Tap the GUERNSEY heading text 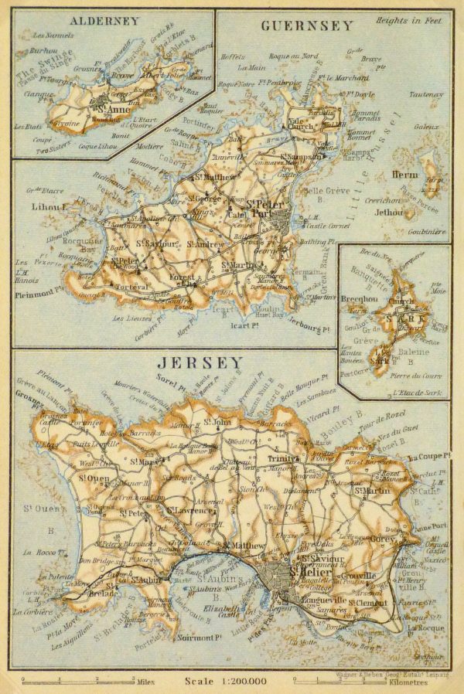(x=307, y=26)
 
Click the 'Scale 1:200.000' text (x=225, y=681)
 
